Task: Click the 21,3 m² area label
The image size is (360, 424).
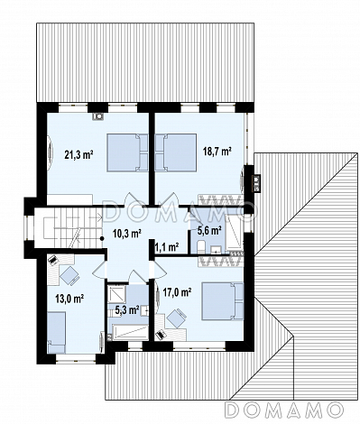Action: (x=78, y=154)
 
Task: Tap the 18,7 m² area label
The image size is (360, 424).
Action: (x=217, y=152)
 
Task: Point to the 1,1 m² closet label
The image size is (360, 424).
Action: (x=167, y=247)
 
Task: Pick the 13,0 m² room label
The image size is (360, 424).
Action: (x=69, y=299)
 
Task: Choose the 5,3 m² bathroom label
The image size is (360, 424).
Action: (x=126, y=309)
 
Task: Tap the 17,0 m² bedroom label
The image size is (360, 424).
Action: (x=178, y=291)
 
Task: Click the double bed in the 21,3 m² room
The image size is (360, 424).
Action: (x=127, y=152)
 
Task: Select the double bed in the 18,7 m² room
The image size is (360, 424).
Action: (x=176, y=152)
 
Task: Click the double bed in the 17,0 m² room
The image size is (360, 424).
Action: (x=223, y=301)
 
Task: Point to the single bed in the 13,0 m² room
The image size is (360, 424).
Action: (x=56, y=332)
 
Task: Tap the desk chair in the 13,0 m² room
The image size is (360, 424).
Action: (x=69, y=275)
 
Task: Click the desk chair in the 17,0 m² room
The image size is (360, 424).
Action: (x=177, y=318)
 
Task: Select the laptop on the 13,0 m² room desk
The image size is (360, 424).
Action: (x=53, y=260)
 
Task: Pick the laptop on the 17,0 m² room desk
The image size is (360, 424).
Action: (x=161, y=334)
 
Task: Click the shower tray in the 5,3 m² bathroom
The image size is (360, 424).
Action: (x=116, y=294)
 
